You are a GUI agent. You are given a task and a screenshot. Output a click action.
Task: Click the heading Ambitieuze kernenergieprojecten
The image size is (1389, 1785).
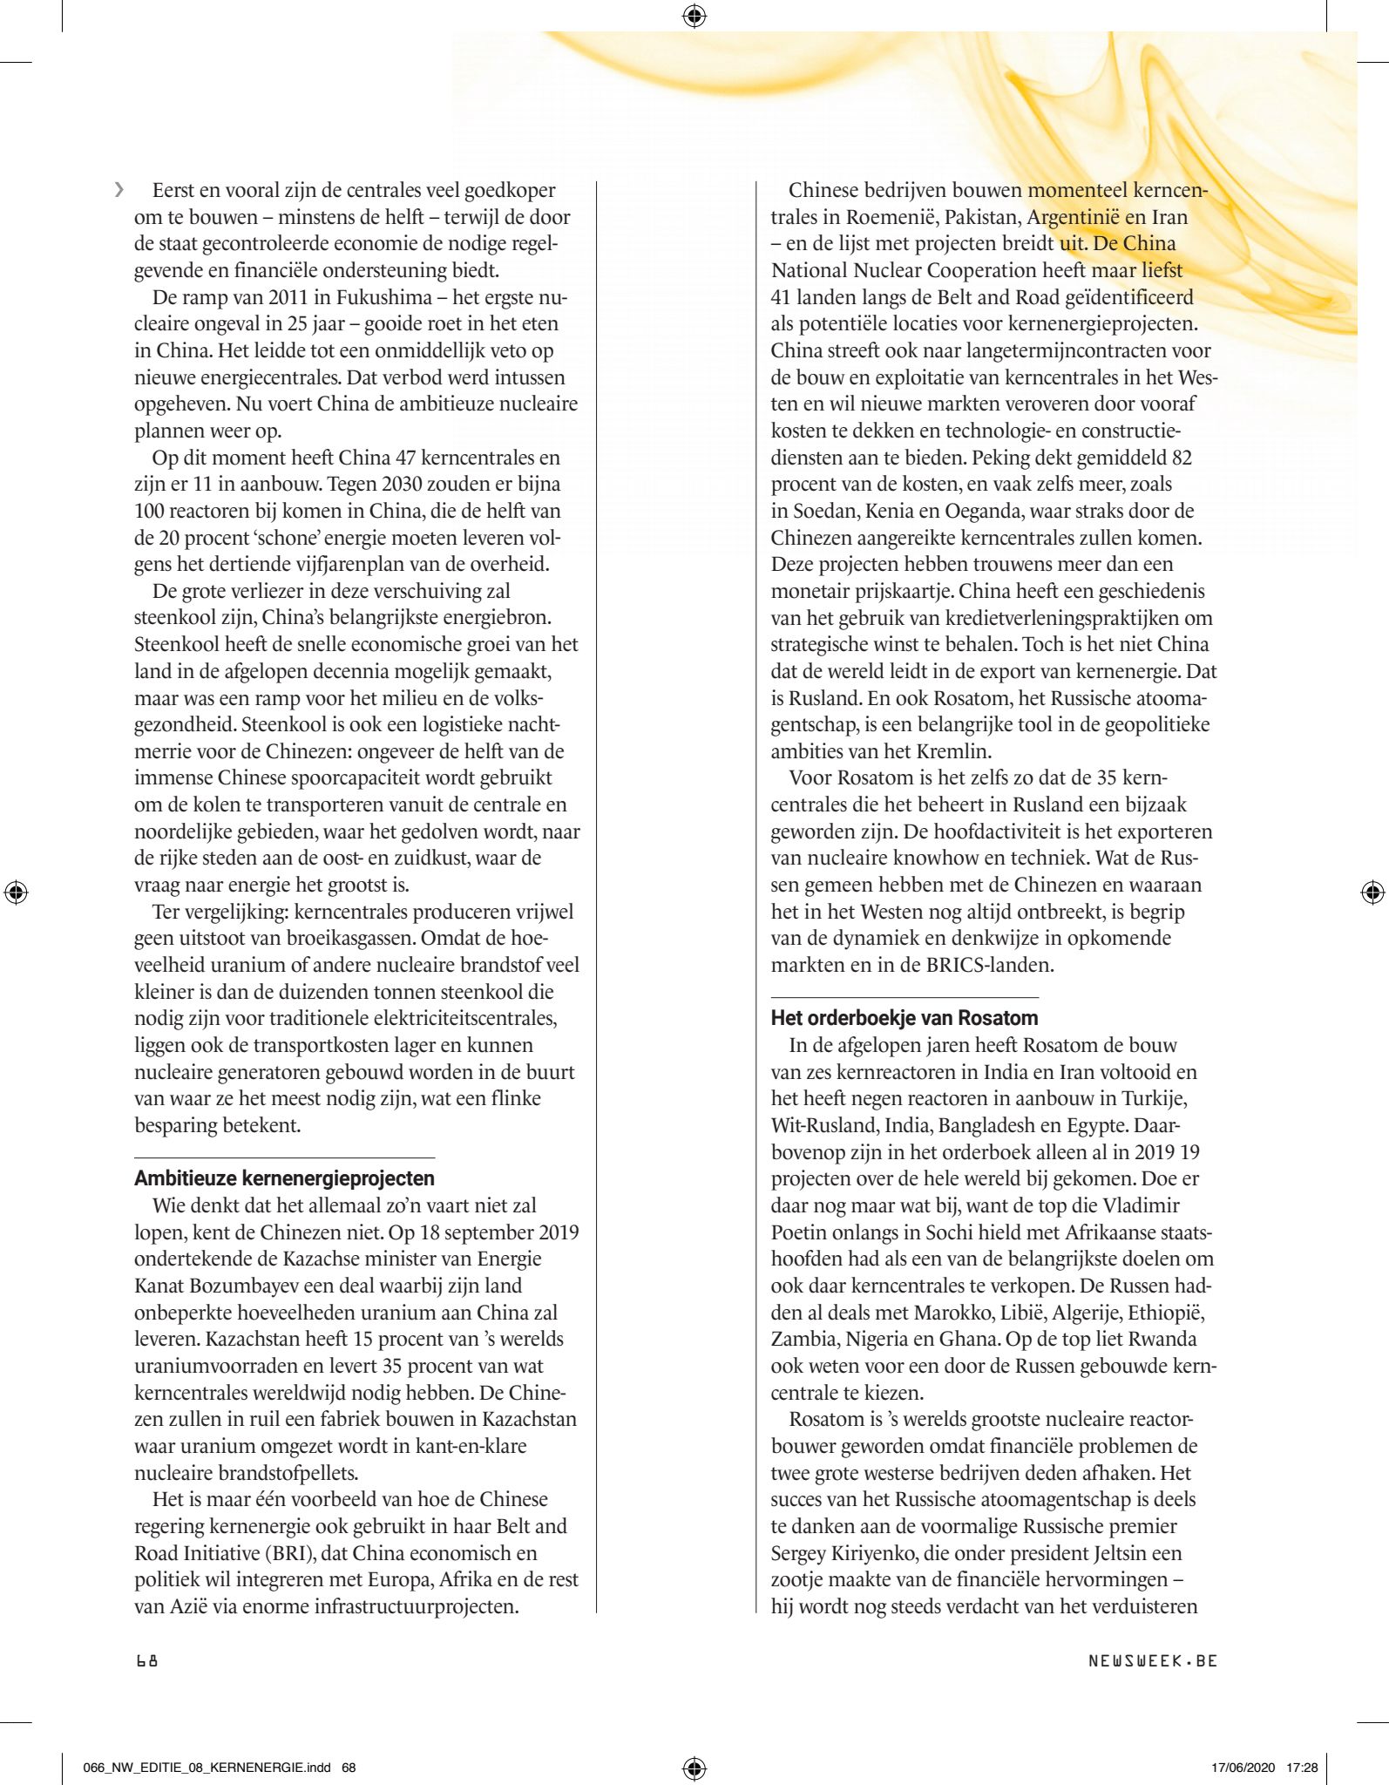[x=284, y=1178]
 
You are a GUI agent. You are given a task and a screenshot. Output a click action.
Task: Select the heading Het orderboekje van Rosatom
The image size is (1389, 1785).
[x=905, y=1018]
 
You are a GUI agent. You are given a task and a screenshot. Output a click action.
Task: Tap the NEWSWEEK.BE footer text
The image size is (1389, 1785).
[x=1152, y=1660]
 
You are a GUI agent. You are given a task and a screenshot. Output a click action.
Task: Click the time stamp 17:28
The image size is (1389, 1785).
[x=1302, y=1768]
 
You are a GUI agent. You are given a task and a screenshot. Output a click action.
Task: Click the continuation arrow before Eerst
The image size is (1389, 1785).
[x=119, y=190]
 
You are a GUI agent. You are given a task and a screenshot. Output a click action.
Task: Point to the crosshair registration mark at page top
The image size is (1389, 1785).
[x=694, y=16]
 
